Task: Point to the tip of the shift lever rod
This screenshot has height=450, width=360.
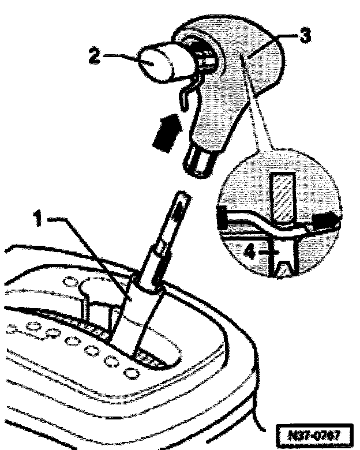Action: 181,200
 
